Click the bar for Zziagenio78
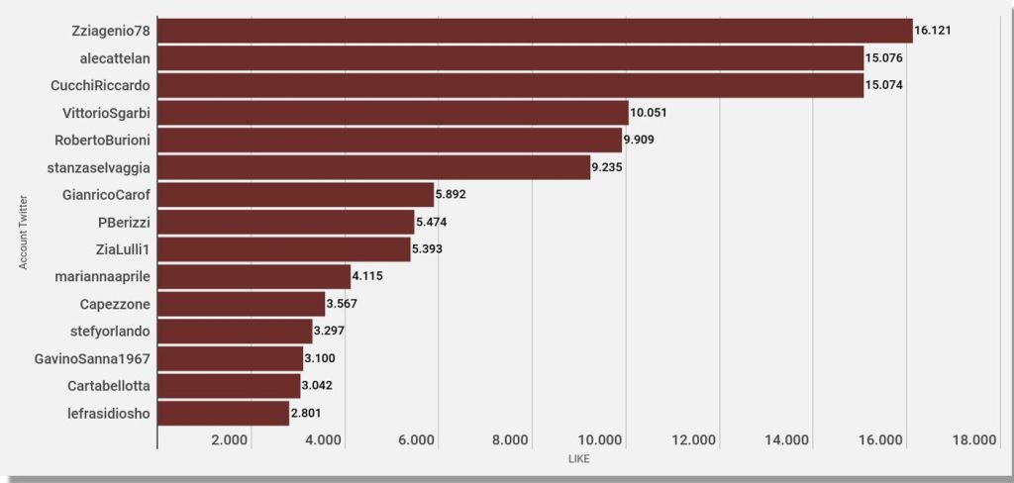pyautogui.click(x=535, y=31)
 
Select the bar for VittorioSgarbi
pyautogui.click(x=393, y=113)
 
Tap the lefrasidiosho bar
pyautogui.click(x=224, y=413)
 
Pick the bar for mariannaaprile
pyautogui.click(x=254, y=276)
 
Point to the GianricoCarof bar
pyautogui.click(x=296, y=195)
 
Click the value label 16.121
pyautogui.click(x=933, y=31)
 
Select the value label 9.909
pyautogui.click(x=643, y=140)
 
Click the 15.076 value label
pyautogui.click(x=884, y=58)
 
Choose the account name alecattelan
pyautogui.click(x=115, y=58)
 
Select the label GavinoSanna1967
pyautogui.click(x=93, y=358)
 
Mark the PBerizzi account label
pyautogui.click(x=124, y=222)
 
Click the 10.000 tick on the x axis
pyautogui.click(x=601, y=440)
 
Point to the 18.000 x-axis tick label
pyautogui.click(x=973, y=440)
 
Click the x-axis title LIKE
pyautogui.click(x=579, y=459)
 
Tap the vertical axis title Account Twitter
pyautogui.click(x=23, y=234)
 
